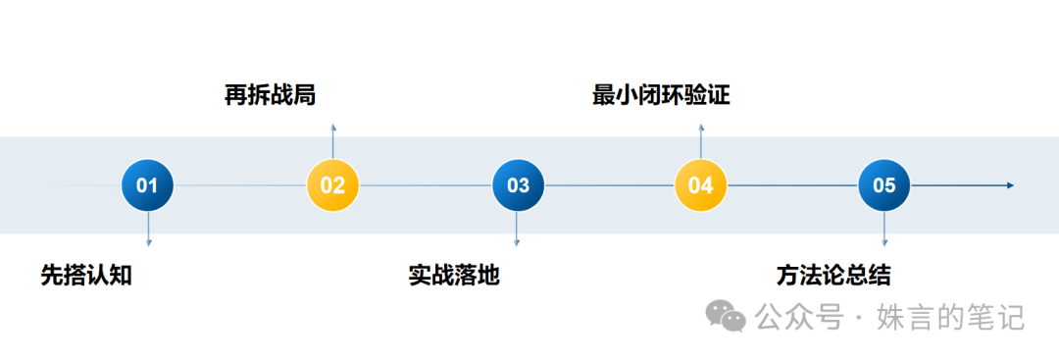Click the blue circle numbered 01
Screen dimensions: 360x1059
147,185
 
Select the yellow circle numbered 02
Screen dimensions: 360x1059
332,185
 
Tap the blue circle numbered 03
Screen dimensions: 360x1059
518,185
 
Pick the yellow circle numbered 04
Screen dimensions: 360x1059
700,185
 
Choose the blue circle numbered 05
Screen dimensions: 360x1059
884,185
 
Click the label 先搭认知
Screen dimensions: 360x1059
86,276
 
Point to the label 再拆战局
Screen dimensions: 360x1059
271,96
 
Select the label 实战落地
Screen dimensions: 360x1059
454,276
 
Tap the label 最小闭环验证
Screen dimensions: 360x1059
661,96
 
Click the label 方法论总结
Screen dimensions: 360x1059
833,276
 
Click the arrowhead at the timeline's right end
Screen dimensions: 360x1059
1009,185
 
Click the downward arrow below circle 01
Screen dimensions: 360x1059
148,230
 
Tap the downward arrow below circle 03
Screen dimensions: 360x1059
517,230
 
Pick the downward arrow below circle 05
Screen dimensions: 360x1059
884,230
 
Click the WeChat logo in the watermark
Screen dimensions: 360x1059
728,316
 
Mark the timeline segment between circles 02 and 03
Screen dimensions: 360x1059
426,185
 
